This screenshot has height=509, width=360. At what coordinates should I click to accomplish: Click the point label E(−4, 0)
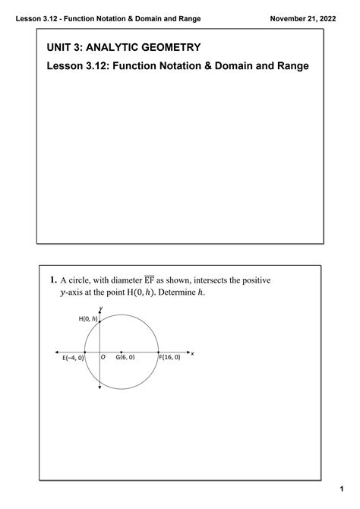tap(74, 357)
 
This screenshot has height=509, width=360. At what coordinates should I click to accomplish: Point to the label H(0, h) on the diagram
tap(89, 319)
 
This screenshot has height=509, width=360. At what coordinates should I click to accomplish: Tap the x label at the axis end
tap(193, 353)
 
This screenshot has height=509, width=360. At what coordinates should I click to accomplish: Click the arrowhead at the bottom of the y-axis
tap(100, 389)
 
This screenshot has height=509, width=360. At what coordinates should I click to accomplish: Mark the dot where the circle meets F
tap(158, 353)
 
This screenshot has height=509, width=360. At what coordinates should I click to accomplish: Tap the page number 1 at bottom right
tap(342, 488)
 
